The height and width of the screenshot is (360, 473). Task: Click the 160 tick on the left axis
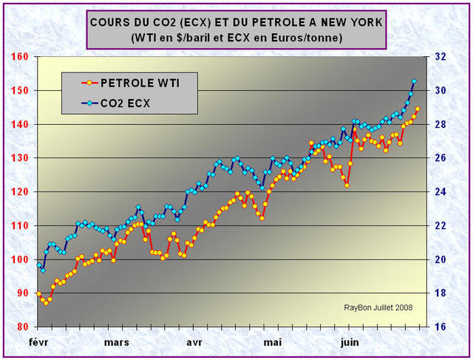18,57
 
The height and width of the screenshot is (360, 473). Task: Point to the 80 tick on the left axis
21,327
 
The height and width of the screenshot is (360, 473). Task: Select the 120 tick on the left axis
18,191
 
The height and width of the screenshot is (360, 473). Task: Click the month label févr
41,342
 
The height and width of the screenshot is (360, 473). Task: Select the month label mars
116,342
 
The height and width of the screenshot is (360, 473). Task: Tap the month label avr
194,342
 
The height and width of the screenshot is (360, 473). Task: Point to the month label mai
272,342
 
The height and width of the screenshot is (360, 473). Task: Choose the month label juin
350,342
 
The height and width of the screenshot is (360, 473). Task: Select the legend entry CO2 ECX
125,103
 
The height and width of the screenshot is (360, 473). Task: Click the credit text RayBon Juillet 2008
378,308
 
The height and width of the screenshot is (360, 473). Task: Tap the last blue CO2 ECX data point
414,81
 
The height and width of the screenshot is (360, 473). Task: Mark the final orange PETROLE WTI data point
418,109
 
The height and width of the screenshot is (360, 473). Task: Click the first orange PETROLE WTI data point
38,294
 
